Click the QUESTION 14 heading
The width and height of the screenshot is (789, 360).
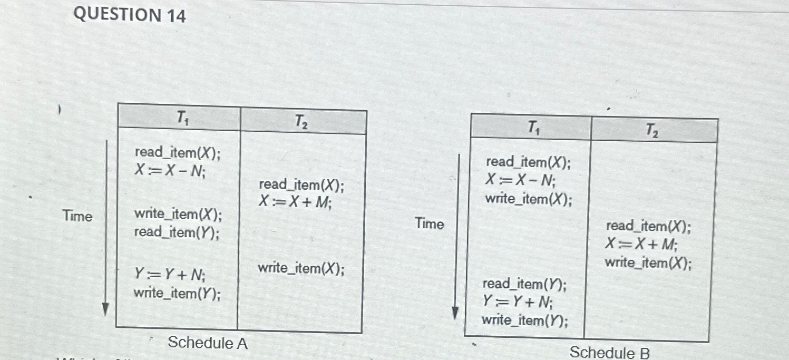tap(130, 15)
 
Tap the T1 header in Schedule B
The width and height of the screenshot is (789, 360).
tap(533, 128)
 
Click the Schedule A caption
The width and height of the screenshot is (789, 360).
tap(208, 343)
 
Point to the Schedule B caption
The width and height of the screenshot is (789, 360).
tap(609, 352)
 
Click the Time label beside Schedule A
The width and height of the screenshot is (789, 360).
tap(77, 216)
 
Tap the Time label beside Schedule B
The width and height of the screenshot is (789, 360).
tap(430, 223)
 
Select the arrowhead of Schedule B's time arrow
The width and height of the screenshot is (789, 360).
tap(456, 315)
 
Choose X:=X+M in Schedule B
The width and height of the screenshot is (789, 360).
tap(641, 244)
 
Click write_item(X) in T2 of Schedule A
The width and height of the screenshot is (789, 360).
tap(301, 269)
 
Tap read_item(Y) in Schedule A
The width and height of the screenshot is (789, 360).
tap(177, 232)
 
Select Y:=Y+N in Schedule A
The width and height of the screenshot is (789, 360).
tap(170, 275)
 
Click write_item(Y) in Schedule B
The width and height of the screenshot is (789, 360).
tap(524, 320)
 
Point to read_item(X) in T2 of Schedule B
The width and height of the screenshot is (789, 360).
tap(648, 227)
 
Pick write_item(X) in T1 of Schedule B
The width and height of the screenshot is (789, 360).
tap(528, 199)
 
